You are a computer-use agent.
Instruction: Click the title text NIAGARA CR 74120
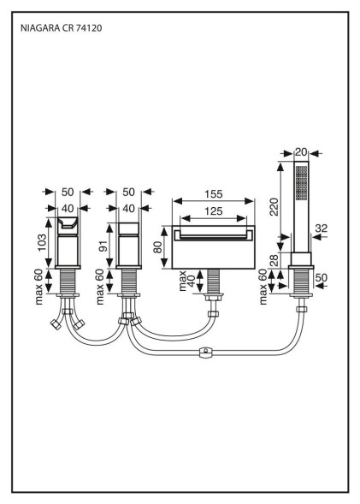tap(62, 28)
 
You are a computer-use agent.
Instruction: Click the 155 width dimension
tap(214, 194)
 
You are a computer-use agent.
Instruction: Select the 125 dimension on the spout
tap(214, 211)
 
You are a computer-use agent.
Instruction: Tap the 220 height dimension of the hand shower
tap(274, 207)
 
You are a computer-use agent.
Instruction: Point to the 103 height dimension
tap(42, 243)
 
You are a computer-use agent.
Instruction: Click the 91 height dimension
tap(103, 246)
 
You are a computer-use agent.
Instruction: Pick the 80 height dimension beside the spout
tap(157, 247)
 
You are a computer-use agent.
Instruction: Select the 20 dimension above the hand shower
tap(301, 152)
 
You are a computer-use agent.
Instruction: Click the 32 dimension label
tap(322, 228)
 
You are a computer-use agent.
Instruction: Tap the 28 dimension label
tap(274, 261)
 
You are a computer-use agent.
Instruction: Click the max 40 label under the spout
tap(186, 281)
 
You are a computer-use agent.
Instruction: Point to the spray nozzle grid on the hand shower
tap(301, 182)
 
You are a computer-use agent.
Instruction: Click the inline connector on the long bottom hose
tap(206, 353)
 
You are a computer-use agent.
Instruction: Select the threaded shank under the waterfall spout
tap(214, 282)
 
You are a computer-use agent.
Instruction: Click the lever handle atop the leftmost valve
tap(68, 223)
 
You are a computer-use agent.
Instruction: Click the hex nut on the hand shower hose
tap(301, 309)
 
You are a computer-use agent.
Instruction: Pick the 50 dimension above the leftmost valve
tap(68, 193)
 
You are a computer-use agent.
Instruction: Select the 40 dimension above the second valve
tap(128, 209)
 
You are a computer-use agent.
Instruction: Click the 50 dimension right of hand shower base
tap(322, 277)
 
